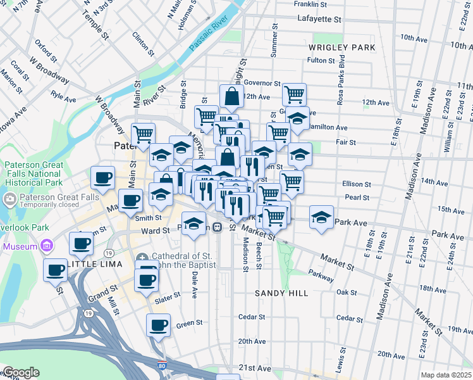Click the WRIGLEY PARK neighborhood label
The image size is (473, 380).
pyautogui.click(x=342, y=47)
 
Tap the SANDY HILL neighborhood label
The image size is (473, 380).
pyautogui.click(x=281, y=293)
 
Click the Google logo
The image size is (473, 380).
pyautogui.click(x=21, y=372)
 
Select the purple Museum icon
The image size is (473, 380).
pyautogui.click(x=46, y=245)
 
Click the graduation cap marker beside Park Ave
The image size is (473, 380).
pyautogui.click(x=322, y=217)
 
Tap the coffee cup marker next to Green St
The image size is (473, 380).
pyautogui.click(x=158, y=326)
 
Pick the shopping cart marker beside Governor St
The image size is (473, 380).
pyautogui.click(x=294, y=94)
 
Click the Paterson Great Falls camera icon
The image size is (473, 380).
pyautogui.click(x=9, y=200)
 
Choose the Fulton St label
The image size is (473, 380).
pyautogui.click(x=321, y=60)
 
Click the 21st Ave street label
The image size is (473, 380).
pyautogui.click(x=255, y=368)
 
